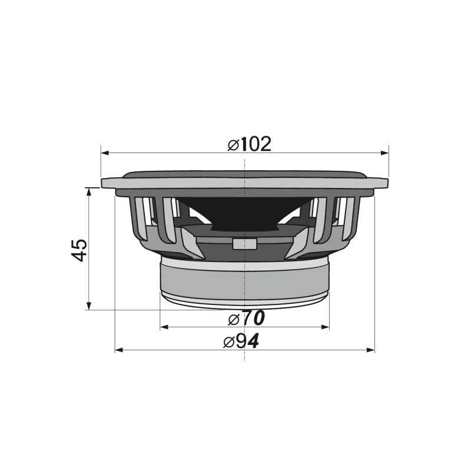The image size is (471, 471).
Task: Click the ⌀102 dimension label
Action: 250,144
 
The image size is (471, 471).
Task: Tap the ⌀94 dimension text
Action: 241,341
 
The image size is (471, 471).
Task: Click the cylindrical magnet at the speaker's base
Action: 244,280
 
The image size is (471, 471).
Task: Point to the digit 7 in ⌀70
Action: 247,319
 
